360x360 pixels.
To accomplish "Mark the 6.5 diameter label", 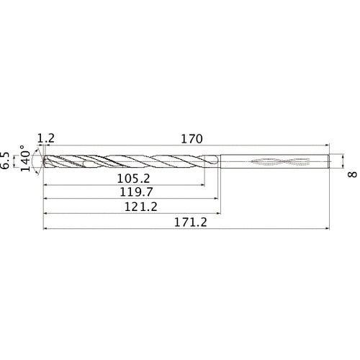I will (x=6, y=161).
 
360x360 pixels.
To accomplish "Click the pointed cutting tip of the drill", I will (x=45, y=161).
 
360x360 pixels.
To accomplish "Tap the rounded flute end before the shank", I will (x=215, y=161).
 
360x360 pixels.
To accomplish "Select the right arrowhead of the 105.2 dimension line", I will (x=202, y=184).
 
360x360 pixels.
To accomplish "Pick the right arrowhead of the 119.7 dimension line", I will (x=214, y=199).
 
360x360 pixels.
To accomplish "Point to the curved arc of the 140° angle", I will (x=35, y=161).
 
